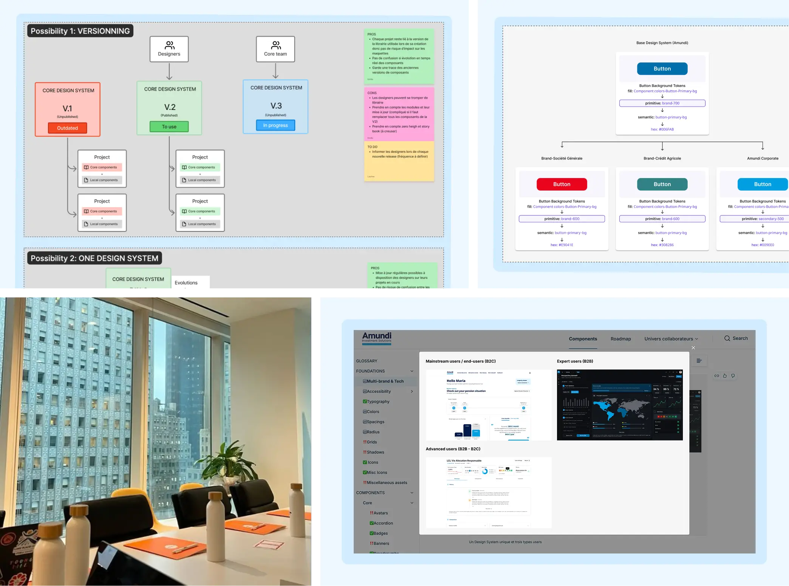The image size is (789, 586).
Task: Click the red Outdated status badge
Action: pyautogui.click(x=67, y=128)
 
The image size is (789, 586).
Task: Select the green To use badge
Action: pyautogui.click(x=169, y=127)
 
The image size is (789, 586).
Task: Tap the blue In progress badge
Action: pyautogui.click(x=275, y=125)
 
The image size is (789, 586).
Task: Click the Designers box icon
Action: pyautogui.click(x=170, y=45)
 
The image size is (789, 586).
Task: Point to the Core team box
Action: pyautogui.click(x=275, y=49)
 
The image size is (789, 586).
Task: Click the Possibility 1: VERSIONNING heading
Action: pyautogui.click(x=80, y=31)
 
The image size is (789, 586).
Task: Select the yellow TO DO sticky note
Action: pyautogui.click(x=399, y=161)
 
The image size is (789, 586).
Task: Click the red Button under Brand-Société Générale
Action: pyautogui.click(x=562, y=184)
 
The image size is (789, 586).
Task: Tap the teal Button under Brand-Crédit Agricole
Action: pyautogui.click(x=662, y=184)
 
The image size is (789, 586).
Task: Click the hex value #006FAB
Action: pyautogui.click(x=662, y=129)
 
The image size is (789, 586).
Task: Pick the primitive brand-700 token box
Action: pyautogui.click(x=662, y=103)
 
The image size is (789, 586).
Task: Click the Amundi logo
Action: pyautogui.click(x=377, y=337)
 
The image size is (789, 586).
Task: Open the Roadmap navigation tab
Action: pyautogui.click(x=620, y=339)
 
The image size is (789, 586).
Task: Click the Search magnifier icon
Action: pyautogui.click(x=727, y=338)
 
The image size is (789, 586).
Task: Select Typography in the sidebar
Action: pyautogui.click(x=378, y=402)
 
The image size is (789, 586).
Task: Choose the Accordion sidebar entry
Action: pyautogui.click(x=383, y=523)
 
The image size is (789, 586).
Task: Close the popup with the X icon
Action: pyautogui.click(x=693, y=348)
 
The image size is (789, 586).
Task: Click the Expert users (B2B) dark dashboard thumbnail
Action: pyautogui.click(x=620, y=405)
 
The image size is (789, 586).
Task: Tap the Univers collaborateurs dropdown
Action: pyautogui.click(x=671, y=339)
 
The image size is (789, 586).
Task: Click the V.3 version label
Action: pyautogui.click(x=276, y=106)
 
